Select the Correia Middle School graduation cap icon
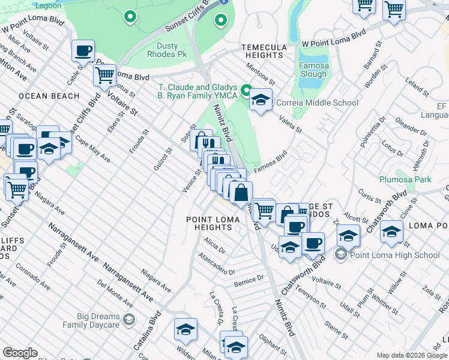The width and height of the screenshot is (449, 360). (x=261, y=100)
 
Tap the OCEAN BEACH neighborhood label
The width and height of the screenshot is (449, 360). (x=49, y=96)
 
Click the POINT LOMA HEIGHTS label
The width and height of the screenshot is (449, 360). (x=213, y=223)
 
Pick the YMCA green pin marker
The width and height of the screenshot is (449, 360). (x=246, y=91)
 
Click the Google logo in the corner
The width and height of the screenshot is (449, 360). (x=20, y=353)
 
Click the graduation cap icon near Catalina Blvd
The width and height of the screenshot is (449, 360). (x=186, y=329)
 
